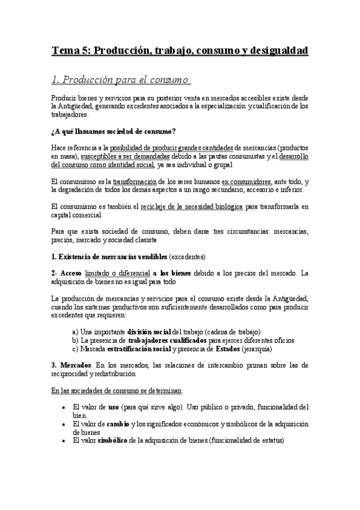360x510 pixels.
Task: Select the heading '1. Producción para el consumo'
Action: pyautogui.click(x=120, y=80)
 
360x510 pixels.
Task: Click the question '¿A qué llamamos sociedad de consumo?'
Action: pyautogui.click(x=113, y=132)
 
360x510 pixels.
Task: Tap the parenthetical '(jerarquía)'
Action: pyautogui.click(x=255, y=348)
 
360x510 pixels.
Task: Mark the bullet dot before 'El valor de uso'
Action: pyautogui.click(x=64, y=407)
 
